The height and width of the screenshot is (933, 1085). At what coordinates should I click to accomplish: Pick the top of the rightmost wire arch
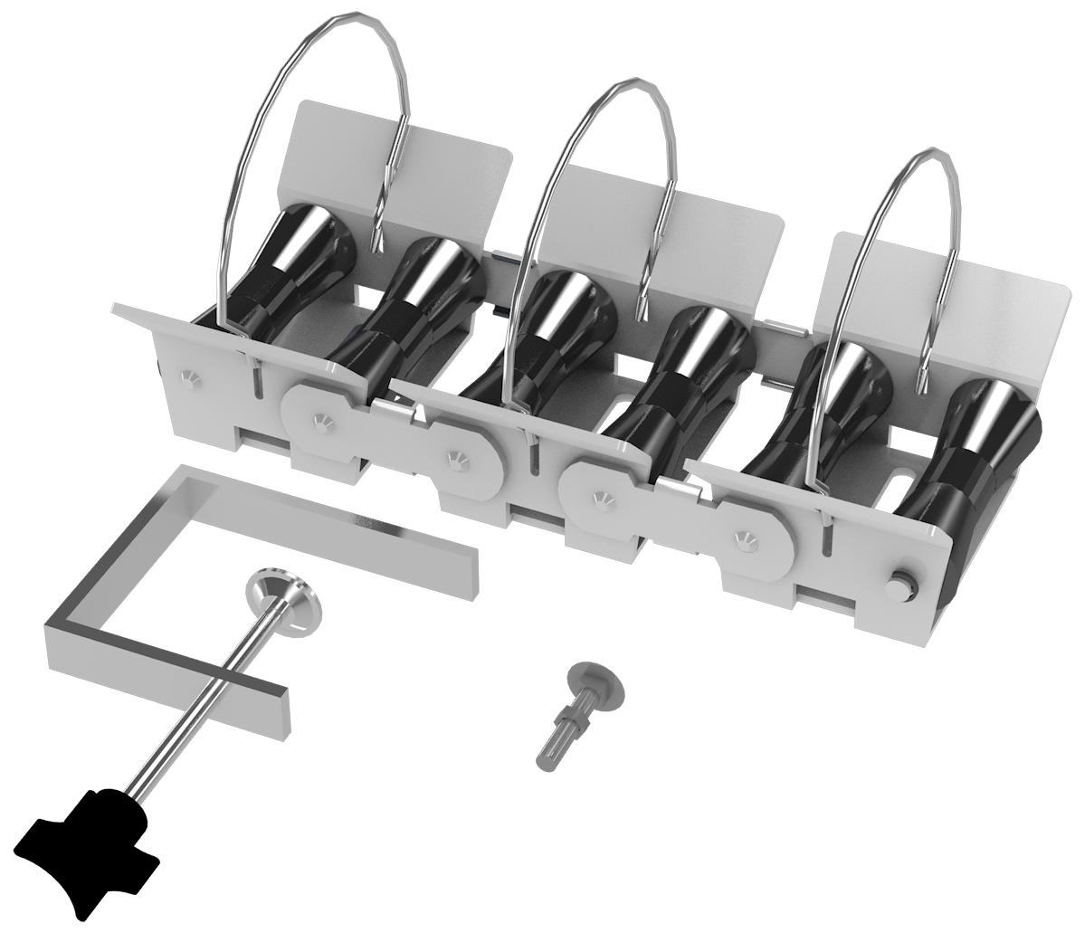tap(928, 156)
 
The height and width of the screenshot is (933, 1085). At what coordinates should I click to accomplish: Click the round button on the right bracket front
tap(900, 585)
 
